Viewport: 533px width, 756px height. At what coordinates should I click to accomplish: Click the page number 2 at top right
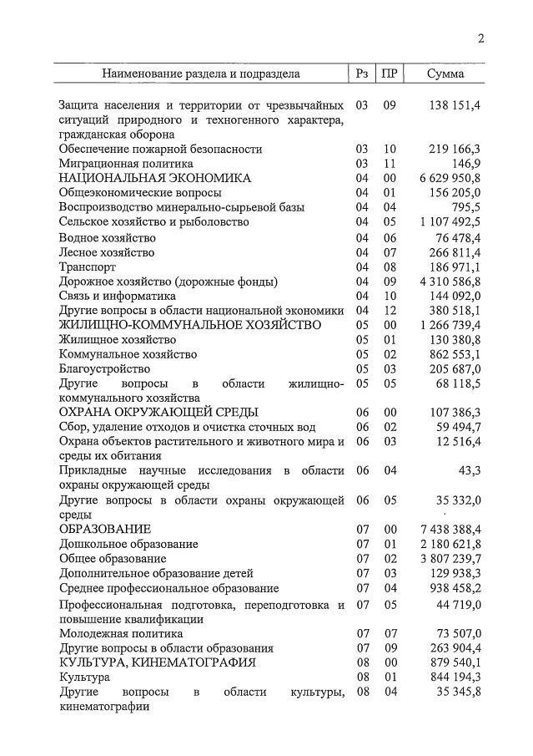[481, 39]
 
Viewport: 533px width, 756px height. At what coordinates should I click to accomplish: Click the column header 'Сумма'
[445, 74]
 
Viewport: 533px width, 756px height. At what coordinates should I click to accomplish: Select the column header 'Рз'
[361, 74]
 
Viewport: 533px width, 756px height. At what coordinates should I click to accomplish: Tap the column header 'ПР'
[389, 74]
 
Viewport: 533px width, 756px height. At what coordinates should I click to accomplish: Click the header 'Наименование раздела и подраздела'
[201, 74]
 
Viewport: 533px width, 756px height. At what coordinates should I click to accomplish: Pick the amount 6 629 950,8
[450, 178]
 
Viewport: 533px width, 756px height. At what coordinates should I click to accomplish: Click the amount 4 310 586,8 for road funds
[450, 281]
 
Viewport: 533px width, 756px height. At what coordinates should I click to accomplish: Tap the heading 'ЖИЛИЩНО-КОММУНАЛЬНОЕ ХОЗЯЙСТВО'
[189, 324]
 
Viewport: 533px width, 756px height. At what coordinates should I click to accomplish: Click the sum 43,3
[469, 470]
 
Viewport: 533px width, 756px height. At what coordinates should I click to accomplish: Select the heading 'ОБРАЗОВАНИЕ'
[105, 529]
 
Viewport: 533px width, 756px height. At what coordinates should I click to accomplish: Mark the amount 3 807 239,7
[450, 558]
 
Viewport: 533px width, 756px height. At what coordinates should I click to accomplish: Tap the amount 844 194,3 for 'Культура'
[454, 677]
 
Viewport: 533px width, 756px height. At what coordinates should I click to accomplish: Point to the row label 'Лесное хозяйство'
[107, 251]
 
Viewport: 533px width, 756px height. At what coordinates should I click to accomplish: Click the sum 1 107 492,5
[450, 222]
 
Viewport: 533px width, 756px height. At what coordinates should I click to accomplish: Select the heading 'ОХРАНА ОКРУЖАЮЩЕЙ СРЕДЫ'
[158, 412]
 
